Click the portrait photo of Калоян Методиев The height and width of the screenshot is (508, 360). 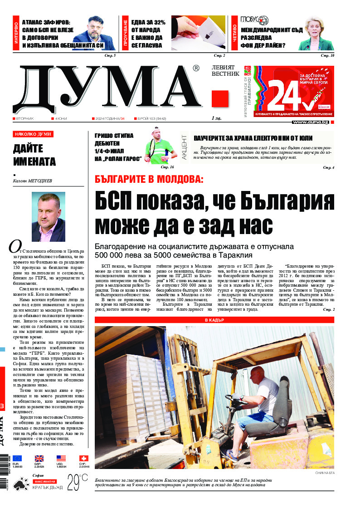pos(48,217)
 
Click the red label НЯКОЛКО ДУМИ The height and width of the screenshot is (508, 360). pos(33,134)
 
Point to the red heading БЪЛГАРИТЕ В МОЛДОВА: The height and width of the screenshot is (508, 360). pos(149,178)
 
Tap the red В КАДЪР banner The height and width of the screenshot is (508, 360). pos(214,320)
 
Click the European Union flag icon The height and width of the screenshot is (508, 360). pos(17,458)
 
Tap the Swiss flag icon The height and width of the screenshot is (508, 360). pos(83,458)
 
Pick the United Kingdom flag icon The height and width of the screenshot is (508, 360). pos(39,458)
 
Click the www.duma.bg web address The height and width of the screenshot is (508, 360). pos(310,122)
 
